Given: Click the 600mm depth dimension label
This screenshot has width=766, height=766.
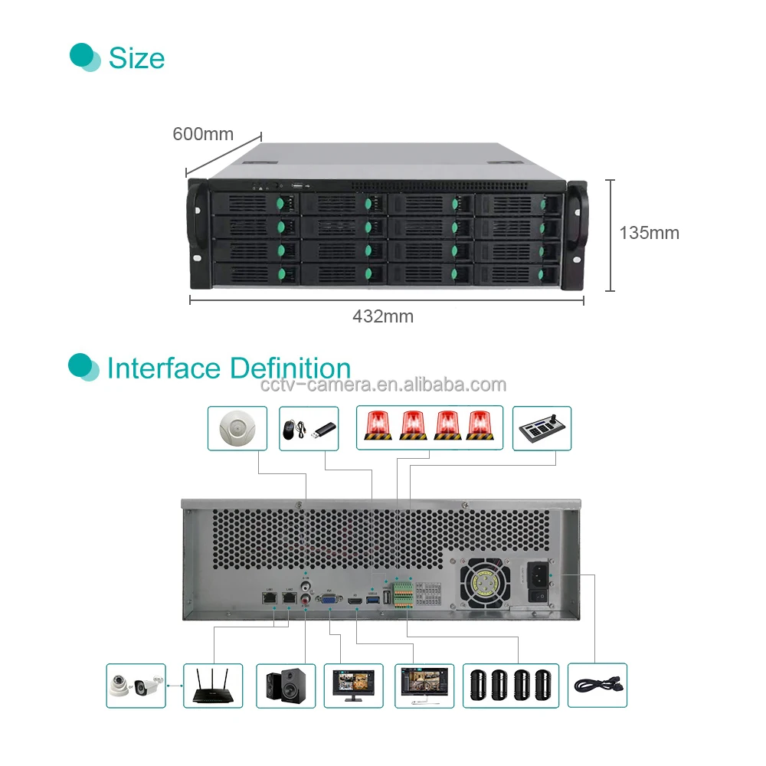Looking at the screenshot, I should coord(203,134).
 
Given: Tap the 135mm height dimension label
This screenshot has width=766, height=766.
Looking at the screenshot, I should coord(649,233).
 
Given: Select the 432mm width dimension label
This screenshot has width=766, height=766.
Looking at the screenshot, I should coord(383,316).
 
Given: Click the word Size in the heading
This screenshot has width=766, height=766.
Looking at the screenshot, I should coord(136,58).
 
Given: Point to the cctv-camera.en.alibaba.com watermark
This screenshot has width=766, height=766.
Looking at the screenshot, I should coord(383,385).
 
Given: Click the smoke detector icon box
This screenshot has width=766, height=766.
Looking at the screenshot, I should coord(237,428).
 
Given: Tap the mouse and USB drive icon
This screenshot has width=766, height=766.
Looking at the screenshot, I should coord(307,428).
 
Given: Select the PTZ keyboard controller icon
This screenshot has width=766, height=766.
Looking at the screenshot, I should coord(542,428).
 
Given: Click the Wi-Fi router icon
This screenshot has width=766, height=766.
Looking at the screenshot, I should coord(212,685).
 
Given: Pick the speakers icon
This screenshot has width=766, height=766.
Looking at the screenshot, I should coord(286,685).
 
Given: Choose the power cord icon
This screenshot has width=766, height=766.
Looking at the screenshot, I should coord(597,685).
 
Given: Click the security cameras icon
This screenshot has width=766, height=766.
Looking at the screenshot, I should coord(136,685).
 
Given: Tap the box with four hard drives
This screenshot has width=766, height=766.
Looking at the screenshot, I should coord(511,685).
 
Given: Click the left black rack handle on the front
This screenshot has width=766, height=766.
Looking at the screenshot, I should coord(197,235).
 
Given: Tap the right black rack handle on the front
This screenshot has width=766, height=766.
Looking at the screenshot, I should coord(576,235).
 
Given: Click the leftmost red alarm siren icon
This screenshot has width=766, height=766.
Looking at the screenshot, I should coord(377,427).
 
